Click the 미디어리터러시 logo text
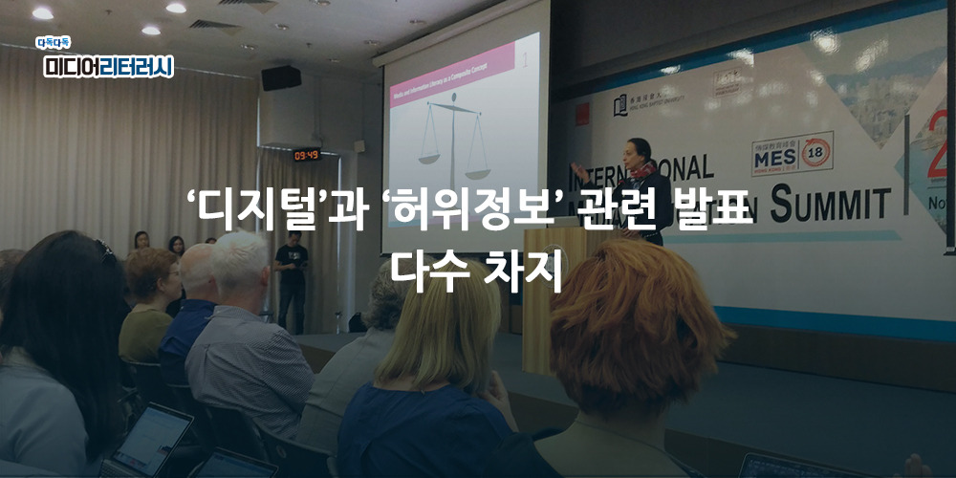click(x=108, y=66)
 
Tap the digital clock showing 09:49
click(x=307, y=154)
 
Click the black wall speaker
click(x=281, y=78)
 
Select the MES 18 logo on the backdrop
click(x=793, y=154)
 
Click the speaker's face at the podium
click(x=640, y=153)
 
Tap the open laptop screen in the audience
click(x=152, y=439)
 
